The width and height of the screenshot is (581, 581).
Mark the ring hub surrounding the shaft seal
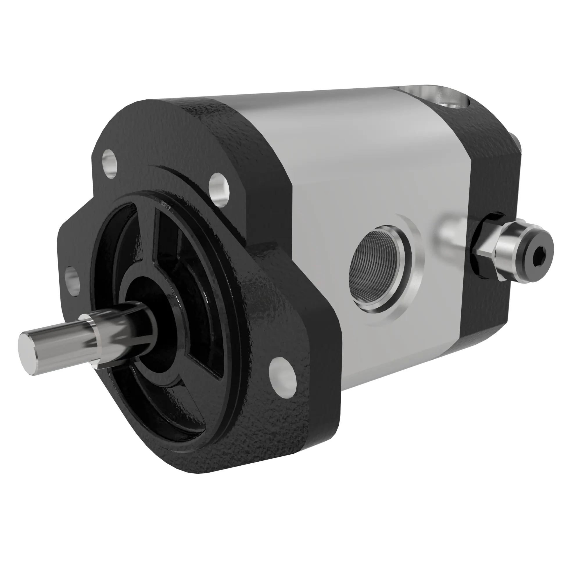(x=168, y=340)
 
